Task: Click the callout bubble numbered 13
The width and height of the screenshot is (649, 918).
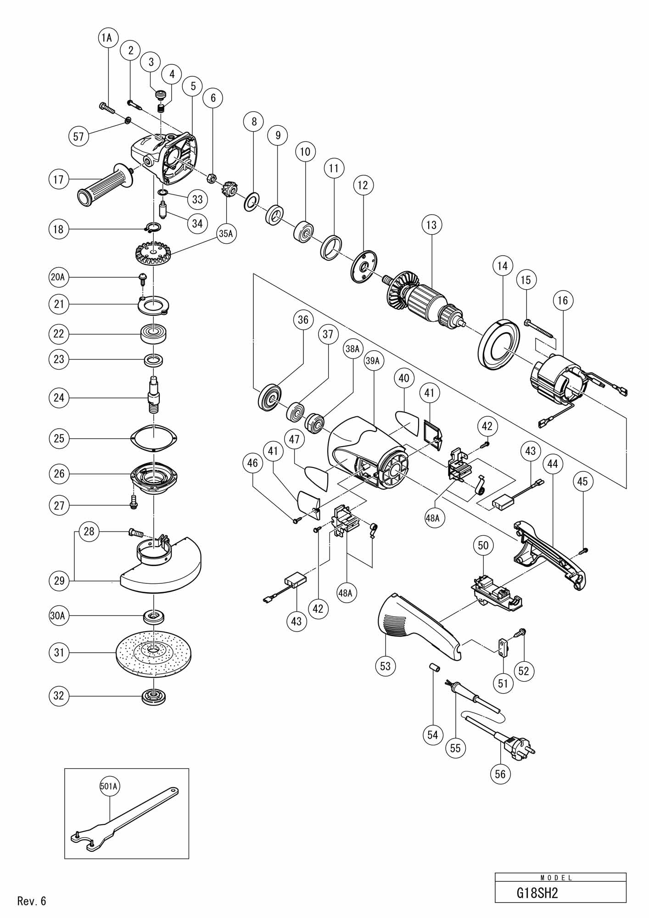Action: click(431, 225)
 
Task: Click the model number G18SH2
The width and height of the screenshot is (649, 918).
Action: click(537, 893)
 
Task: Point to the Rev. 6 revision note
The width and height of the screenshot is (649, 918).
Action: click(32, 901)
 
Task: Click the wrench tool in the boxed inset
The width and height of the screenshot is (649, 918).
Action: click(124, 822)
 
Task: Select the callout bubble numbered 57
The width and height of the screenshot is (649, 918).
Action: click(78, 137)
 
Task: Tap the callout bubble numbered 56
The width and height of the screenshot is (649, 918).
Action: click(500, 774)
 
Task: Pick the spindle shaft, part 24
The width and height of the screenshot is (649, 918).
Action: click(154, 395)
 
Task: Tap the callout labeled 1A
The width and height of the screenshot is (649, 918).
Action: click(106, 38)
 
